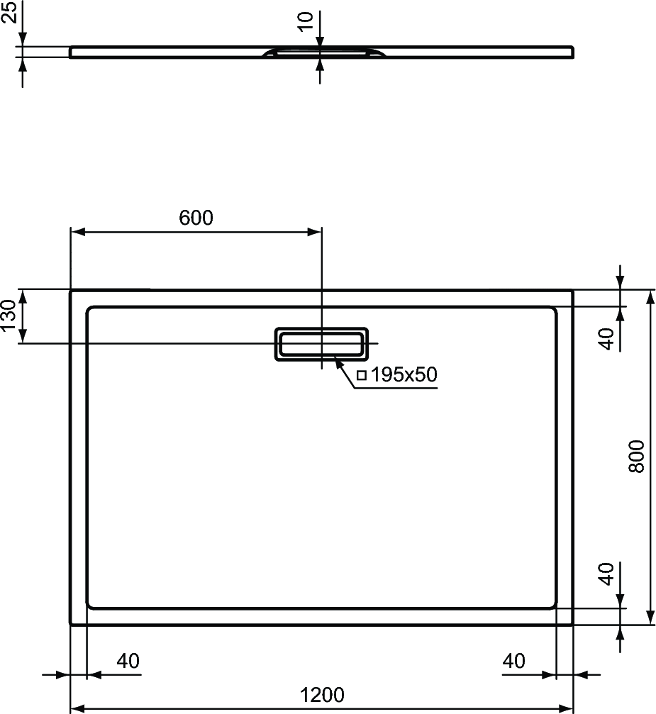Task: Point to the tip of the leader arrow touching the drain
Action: click(x=335, y=358)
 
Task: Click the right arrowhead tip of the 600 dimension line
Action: click(x=321, y=232)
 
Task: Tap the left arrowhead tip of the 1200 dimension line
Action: click(x=71, y=708)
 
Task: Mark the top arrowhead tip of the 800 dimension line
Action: click(x=650, y=289)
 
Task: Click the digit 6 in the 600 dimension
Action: click(x=184, y=218)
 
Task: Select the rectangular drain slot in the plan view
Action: click(x=321, y=343)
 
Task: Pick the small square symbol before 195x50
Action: click(x=362, y=375)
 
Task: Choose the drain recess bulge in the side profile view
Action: click(x=324, y=52)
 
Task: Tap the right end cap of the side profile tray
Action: click(x=572, y=52)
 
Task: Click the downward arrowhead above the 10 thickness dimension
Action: click(x=320, y=40)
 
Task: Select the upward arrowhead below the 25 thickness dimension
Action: click(x=22, y=65)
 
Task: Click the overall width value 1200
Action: click(x=322, y=695)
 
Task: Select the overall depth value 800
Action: click(x=636, y=457)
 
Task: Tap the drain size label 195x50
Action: click(x=404, y=375)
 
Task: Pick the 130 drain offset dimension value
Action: click(x=9, y=316)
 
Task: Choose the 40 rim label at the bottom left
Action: click(x=128, y=661)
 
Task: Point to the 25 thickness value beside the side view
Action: click(x=9, y=12)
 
